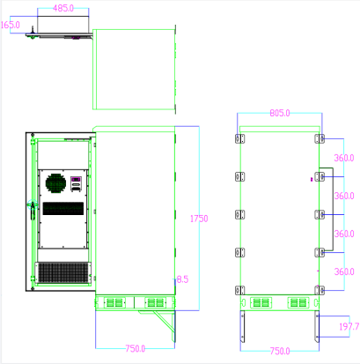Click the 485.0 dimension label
62,8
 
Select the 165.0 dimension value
11,26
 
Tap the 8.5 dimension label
183,279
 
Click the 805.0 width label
280,114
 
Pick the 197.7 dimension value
349,327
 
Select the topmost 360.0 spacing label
343,158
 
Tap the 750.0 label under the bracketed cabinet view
280,351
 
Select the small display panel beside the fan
77,185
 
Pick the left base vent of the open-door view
115,302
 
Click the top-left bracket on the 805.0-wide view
239,139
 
